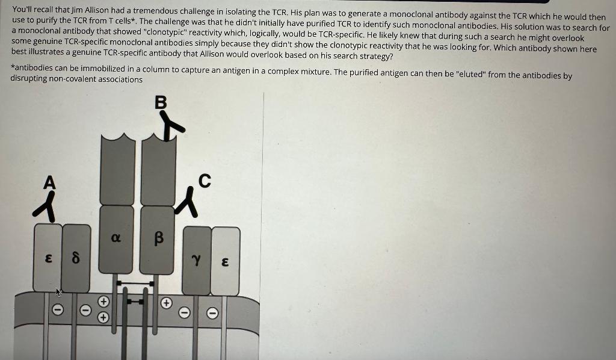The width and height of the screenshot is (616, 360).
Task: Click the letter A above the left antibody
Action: [49, 182]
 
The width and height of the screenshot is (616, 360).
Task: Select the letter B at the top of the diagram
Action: [161, 103]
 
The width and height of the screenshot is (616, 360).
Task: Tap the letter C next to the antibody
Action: [205, 181]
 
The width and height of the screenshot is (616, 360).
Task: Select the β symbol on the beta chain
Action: [159, 239]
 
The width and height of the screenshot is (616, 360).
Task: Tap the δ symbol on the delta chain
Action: [76, 261]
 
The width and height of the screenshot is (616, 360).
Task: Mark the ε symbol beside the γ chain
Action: [224, 262]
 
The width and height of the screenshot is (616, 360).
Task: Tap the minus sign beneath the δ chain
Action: [86, 311]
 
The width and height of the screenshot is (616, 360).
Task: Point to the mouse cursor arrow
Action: [59, 293]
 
